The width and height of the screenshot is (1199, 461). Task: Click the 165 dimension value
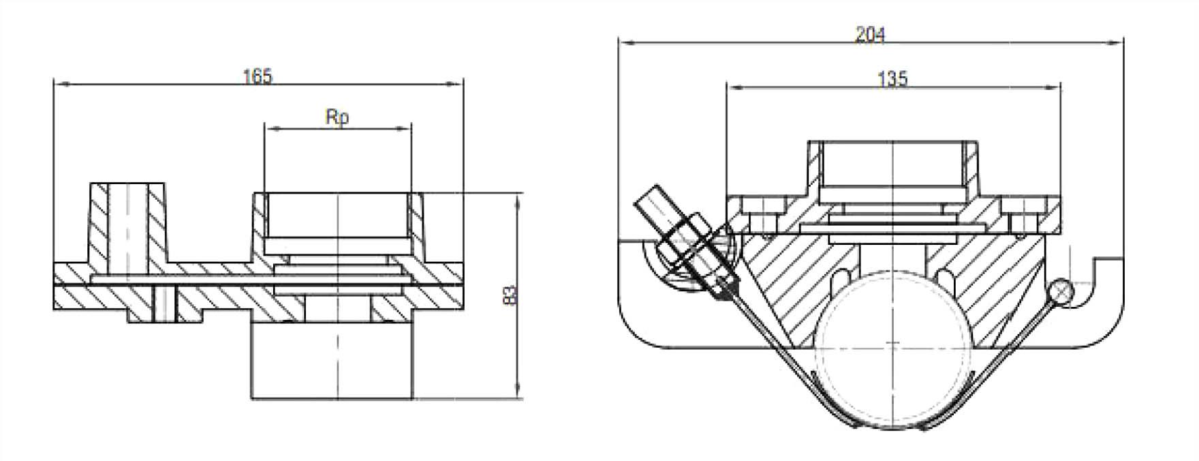tap(258, 76)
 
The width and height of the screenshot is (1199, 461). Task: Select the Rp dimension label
tap(337, 117)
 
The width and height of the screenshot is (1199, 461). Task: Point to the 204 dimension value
tap(870, 34)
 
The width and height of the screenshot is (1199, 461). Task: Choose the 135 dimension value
tap(892, 79)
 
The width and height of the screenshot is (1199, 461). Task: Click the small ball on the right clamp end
tap(1061, 292)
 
